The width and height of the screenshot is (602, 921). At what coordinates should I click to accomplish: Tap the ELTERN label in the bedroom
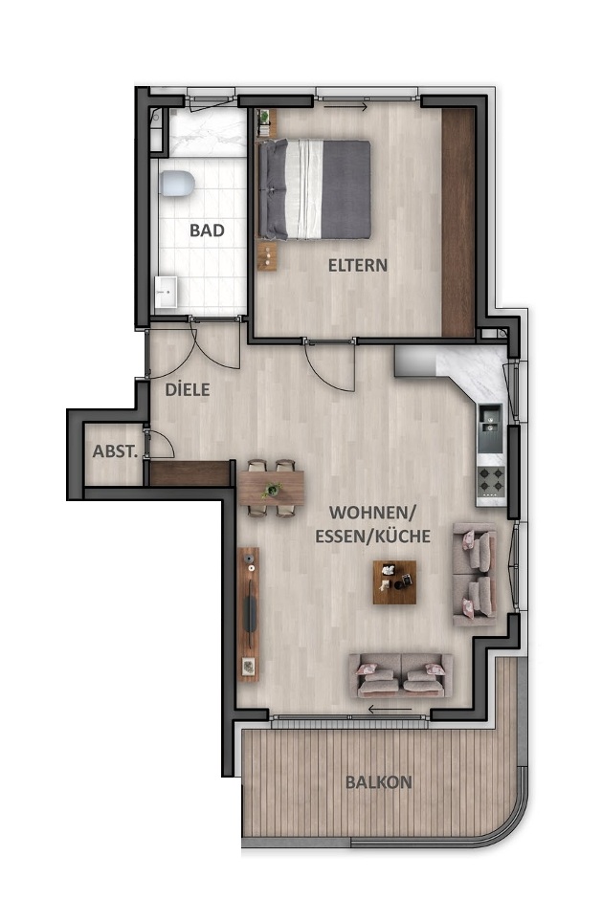(x=358, y=265)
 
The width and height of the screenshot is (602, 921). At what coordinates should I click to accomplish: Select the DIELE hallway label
(x=187, y=390)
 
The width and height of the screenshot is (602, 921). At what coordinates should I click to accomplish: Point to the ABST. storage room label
(x=115, y=451)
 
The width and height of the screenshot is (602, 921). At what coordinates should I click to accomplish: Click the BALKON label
(x=378, y=781)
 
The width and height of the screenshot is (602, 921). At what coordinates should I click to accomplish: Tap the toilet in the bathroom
(x=177, y=183)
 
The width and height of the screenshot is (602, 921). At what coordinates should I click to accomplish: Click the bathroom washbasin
(x=166, y=289)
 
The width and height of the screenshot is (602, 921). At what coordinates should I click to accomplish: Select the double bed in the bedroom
(x=315, y=189)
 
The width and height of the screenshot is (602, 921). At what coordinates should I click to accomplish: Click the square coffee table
(x=395, y=581)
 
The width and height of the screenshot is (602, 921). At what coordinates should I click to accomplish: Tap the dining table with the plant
(x=272, y=488)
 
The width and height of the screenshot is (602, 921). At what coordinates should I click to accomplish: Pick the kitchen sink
(x=490, y=419)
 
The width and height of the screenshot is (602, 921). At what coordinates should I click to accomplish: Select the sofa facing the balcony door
(x=401, y=675)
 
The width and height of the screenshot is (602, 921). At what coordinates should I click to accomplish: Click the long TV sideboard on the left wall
(x=249, y=612)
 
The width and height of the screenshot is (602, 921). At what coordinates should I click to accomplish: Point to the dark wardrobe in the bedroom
(x=458, y=222)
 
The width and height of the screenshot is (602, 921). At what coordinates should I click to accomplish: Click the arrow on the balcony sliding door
(x=390, y=710)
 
